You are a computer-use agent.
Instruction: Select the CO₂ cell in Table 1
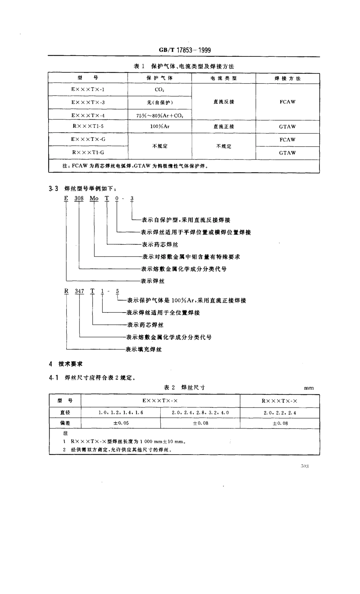160,90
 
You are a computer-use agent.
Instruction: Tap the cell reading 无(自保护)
160,103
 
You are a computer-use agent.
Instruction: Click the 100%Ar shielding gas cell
160,127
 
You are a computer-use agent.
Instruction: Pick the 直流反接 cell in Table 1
224,102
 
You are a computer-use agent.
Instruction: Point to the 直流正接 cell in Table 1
224,127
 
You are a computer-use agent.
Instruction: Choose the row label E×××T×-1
88,90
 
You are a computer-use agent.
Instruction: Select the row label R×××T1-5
88,127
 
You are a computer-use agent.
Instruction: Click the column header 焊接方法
287,78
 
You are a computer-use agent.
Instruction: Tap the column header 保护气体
160,78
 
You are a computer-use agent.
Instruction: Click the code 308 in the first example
79,199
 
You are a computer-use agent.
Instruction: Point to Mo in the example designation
94,199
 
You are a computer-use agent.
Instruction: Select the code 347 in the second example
80,291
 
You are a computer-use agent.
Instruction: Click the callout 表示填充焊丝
144,349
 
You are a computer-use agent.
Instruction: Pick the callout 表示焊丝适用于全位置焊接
163,313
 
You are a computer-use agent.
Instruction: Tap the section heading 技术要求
70,364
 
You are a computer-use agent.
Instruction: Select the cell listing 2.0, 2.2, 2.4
280,413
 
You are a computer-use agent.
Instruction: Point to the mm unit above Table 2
309,388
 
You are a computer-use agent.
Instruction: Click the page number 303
305,466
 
